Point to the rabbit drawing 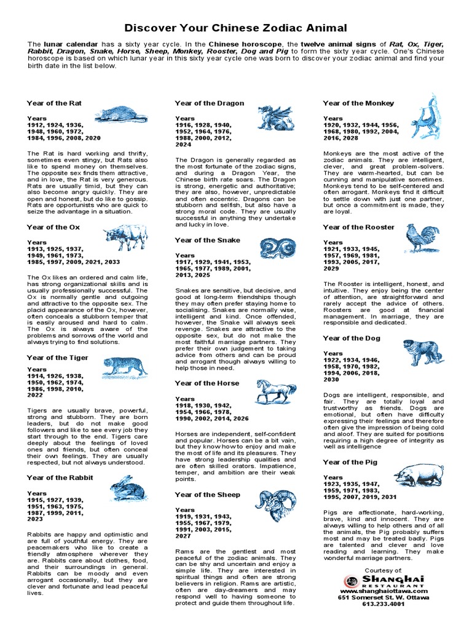(x=127, y=489)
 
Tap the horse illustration (x=275, y=390)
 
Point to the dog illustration (x=423, y=354)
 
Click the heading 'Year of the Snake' (x=207, y=240)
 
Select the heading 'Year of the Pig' (x=351, y=462)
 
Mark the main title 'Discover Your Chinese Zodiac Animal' (x=236, y=28)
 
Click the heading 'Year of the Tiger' (x=58, y=357)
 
